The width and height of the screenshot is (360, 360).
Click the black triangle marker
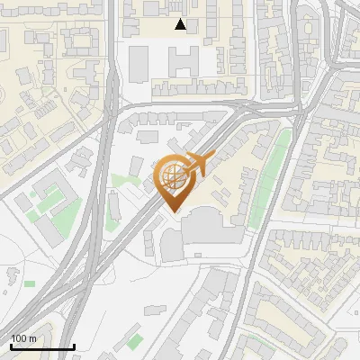(181, 24)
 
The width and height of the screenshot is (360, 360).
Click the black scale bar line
(41, 346)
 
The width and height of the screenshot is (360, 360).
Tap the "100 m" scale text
(23, 338)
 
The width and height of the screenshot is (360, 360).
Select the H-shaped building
(185, 61)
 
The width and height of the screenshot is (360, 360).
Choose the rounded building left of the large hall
(171, 242)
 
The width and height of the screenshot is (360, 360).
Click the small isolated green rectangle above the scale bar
(30, 284)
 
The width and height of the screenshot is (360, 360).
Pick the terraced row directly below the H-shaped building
(184, 88)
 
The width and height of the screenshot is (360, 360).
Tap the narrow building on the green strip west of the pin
(114, 206)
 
